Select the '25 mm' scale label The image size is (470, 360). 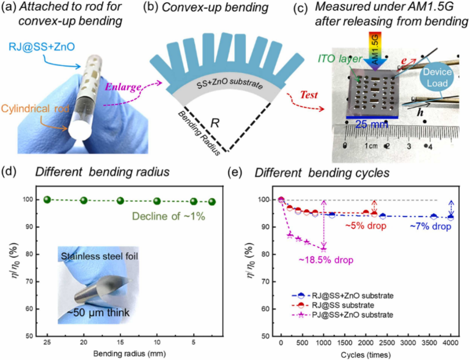click(368, 124)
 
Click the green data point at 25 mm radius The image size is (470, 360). click(47, 199)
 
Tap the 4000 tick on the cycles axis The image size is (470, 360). click(451, 343)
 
